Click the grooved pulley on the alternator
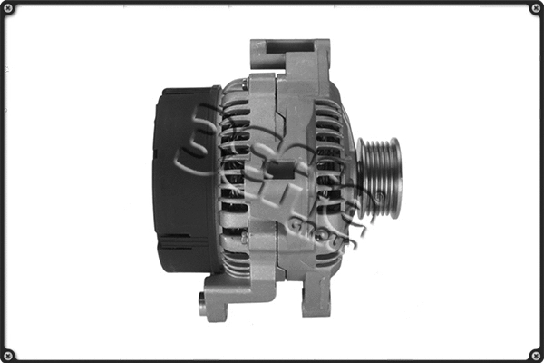coord(376,178)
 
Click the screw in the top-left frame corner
coord(8,8)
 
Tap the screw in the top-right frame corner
coord(536,8)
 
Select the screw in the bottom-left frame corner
coord(8,355)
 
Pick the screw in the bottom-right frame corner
coord(536,355)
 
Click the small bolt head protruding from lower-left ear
coord(202,303)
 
